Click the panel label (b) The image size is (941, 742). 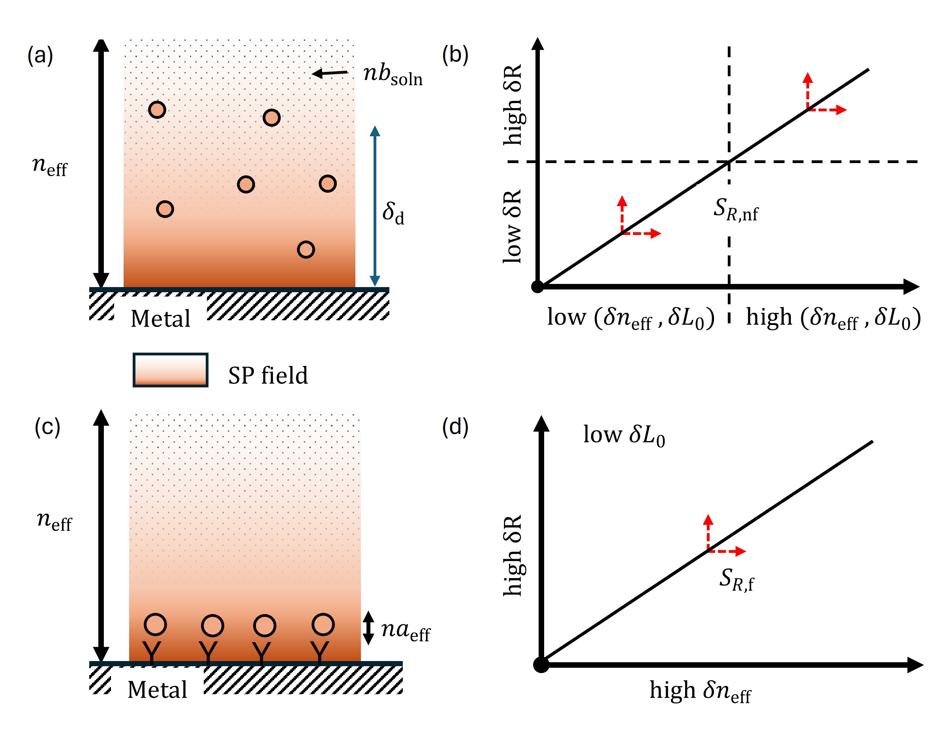tap(455, 55)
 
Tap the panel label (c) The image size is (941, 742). tap(47, 426)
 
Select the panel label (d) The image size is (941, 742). tap(455, 426)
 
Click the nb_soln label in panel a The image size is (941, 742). tap(392, 75)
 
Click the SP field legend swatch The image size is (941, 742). tap(170, 370)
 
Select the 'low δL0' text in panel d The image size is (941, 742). tap(624, 435)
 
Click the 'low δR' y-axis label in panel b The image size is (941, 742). tap(512, 226)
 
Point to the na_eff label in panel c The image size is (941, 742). tap(405, 630)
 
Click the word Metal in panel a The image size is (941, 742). tap(160, 318)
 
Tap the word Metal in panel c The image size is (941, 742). tap(157, 689)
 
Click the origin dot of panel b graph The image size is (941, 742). tap(537, 287)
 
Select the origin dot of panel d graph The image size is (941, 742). tap(541, 665)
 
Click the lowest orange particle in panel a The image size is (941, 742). tap(306, 249)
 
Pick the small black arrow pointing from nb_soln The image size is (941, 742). tap(330, 73)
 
